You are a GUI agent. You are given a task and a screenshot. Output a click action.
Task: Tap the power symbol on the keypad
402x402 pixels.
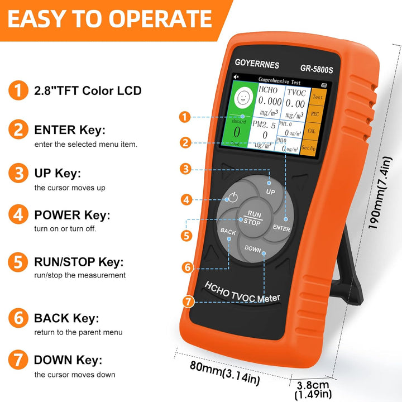(233, 197)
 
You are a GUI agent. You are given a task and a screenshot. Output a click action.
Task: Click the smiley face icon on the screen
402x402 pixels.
(243, 98)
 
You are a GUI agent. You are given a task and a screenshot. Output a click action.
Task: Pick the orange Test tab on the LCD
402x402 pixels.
(318, 97)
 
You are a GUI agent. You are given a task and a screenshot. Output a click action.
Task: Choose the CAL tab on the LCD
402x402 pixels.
(312, 131)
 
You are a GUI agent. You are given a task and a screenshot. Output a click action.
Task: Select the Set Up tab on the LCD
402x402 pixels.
(308, 147)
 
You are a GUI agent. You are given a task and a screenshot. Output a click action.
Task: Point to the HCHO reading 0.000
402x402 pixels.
(270, 101)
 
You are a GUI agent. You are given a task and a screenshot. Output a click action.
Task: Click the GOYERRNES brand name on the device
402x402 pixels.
(257, 64)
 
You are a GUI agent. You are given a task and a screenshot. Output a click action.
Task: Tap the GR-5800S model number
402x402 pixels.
(317, 69)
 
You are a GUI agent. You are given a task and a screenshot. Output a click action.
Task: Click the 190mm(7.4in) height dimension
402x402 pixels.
(380, 193)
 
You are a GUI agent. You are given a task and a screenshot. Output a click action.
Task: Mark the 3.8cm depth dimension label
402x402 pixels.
(313, 385)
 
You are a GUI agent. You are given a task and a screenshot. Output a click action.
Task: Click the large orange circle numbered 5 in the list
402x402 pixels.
(18, 262)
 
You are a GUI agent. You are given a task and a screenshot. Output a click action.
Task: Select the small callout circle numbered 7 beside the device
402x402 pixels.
(189, 301)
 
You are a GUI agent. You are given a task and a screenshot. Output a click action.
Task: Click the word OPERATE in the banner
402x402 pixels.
(160, 18)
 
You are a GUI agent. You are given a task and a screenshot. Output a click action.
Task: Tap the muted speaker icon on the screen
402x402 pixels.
(236, 76)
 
